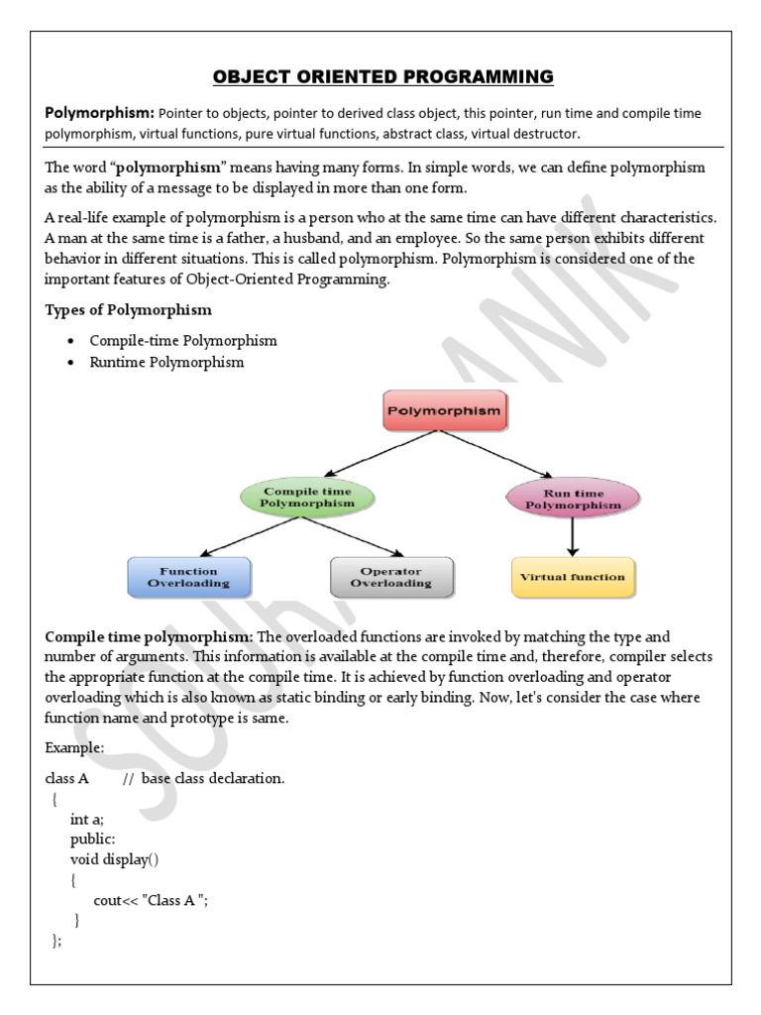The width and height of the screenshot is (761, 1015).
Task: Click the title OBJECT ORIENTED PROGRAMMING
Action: pos(380,76)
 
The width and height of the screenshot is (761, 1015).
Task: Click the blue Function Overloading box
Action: pos(189,577)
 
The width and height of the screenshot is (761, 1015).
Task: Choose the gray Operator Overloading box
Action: pos(391,577)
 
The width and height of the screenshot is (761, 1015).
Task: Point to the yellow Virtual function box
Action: pos(573,577)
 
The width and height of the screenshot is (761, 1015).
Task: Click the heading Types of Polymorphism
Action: pos(128,310)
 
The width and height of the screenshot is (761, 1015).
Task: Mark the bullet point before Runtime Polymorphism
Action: pos(70,363)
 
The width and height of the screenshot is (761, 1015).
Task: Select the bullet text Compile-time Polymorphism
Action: pos(183,340)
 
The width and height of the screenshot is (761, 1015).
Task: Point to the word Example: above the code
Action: pos(73,745)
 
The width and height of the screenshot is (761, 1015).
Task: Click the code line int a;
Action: pos(87,819)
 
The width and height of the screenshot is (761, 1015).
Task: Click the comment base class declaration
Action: pos(213,778)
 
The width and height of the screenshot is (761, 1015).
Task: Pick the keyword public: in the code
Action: pos(93,839)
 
